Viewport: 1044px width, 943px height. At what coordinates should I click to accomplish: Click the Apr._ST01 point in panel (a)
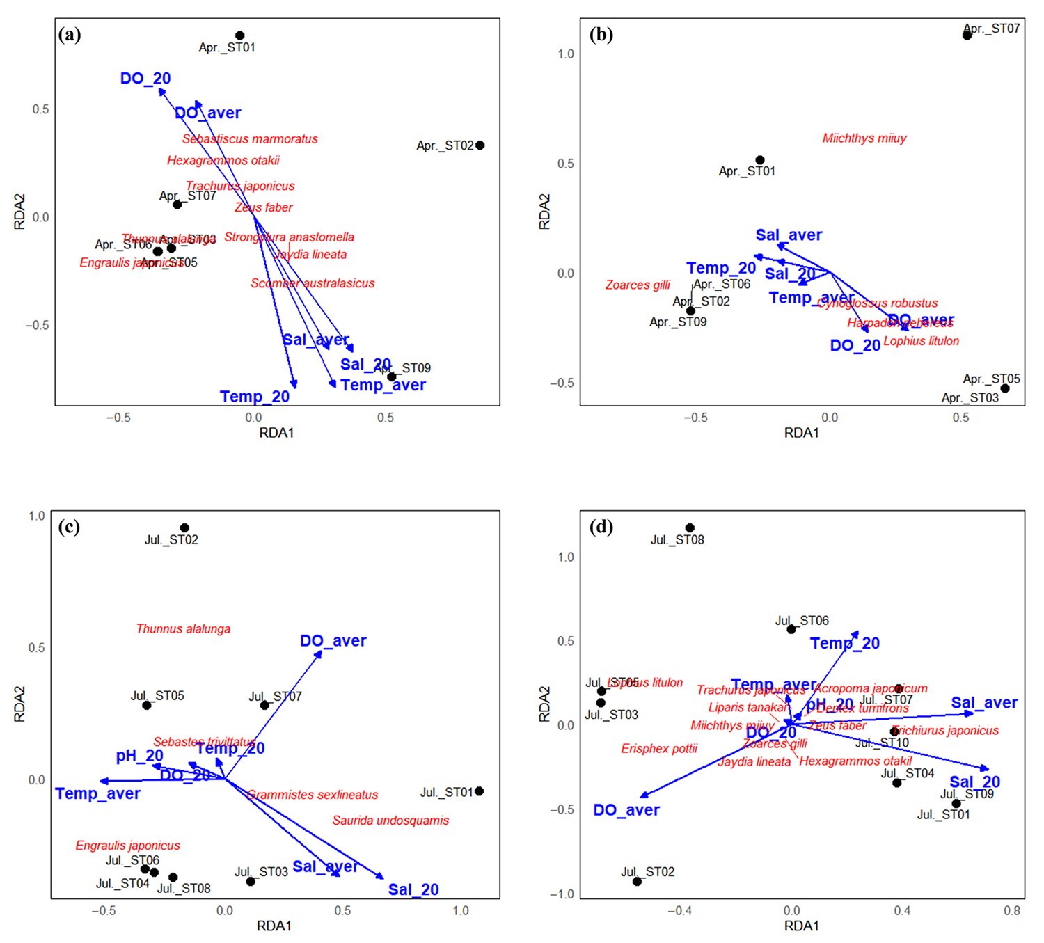[x=239, y=35]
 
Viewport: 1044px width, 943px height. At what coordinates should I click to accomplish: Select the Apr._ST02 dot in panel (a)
[x=480, y=145]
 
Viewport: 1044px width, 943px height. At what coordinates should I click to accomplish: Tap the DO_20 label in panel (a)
[x=145, y=79]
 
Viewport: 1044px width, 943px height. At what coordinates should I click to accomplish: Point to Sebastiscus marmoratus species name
[x=250, y=139]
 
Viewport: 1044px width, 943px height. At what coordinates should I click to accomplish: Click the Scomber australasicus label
[x=313, y=283]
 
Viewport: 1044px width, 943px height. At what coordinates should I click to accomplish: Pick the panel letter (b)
[x=601, y=35]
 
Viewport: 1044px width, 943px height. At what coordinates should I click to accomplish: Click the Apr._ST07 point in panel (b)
[x=967, y=35]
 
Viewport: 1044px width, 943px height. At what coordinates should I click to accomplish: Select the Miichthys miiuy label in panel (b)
[x=864, y=138]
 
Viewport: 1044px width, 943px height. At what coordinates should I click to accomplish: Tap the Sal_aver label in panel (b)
[x=789, y=235]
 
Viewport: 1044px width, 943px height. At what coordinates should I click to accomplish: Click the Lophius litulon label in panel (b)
[x=921, y=341]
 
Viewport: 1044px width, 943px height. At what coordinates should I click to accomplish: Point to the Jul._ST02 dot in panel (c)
[x=184, y=528]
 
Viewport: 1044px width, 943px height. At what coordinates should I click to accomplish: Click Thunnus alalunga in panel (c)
[x=183, y=629]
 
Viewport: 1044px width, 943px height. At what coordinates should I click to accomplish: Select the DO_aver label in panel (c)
[x=333, y=641]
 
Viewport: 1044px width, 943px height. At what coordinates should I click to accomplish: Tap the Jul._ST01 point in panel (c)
[x=479, y=791]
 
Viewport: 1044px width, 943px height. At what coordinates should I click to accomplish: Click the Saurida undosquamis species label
[x=390, y=821]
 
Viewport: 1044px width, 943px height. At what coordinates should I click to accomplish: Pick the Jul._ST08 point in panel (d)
[x=690, y=528]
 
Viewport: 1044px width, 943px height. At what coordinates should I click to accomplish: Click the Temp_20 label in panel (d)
[x=845, y=644]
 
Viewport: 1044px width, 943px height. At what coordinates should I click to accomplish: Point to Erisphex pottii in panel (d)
[x=659, y=749]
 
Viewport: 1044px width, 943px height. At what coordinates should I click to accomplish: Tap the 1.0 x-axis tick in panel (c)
[x=461, y=910]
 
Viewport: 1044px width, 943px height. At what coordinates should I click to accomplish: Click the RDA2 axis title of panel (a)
[x=20, y=212]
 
